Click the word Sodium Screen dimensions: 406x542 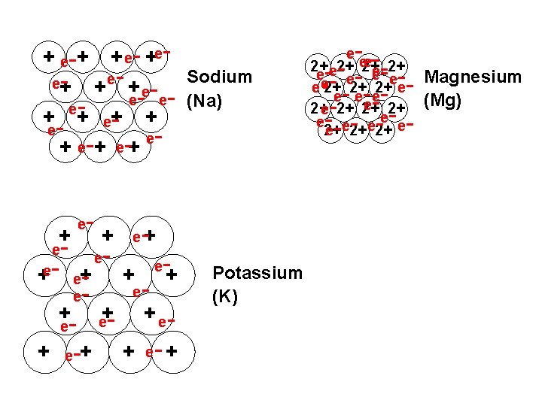point(219,77)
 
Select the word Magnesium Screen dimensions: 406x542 point(473,77)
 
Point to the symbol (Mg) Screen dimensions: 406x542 point(444,99)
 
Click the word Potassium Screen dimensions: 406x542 point(257,273)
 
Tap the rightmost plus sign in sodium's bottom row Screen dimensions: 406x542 point(134,147)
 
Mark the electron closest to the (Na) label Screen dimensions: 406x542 point(167,98)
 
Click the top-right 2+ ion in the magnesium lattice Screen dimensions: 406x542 point(399,65)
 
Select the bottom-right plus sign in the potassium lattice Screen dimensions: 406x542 point(172,350)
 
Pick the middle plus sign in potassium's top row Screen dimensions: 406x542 point(108,235)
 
